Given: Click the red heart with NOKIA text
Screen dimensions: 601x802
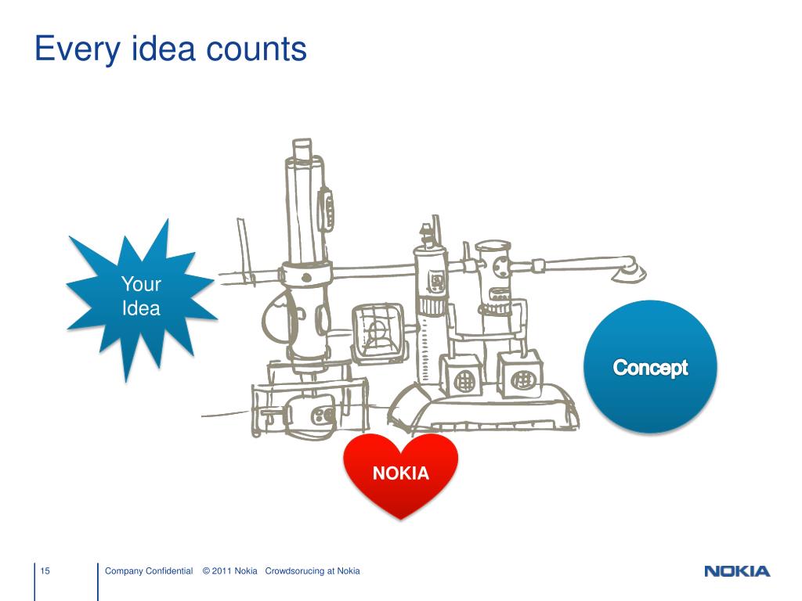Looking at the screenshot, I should pyautogui.click(x=400, y=473).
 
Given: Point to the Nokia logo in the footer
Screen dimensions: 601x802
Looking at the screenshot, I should pyautogui.click(x=737, y=571).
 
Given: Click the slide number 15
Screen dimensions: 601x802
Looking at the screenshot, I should pyautogui.click(x=45, y=571).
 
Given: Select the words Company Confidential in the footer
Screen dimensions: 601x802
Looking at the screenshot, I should pyautogui.click(x=149, y=571).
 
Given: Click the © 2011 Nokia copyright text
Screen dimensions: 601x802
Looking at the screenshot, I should pyautogui.click(x=229, y=571).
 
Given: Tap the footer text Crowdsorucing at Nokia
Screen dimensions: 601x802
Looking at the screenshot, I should pyautogui.click(x=312, y=571).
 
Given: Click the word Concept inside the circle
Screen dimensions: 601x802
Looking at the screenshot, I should pyautogui.click(x=650, y=367).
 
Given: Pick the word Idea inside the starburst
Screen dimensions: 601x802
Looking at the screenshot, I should pyautogui.click(x=141, y=308).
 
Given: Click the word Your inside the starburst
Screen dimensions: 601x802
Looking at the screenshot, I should pyautogui.click(x=141, y=284).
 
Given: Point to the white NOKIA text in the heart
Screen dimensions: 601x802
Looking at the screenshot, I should pyautogui.click(x=400, y=473).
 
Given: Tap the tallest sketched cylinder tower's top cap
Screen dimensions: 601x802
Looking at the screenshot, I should pyautogui.click(x=302, y=149).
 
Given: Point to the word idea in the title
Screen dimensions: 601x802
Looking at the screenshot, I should pyautogui.click(x=161, y=51).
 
